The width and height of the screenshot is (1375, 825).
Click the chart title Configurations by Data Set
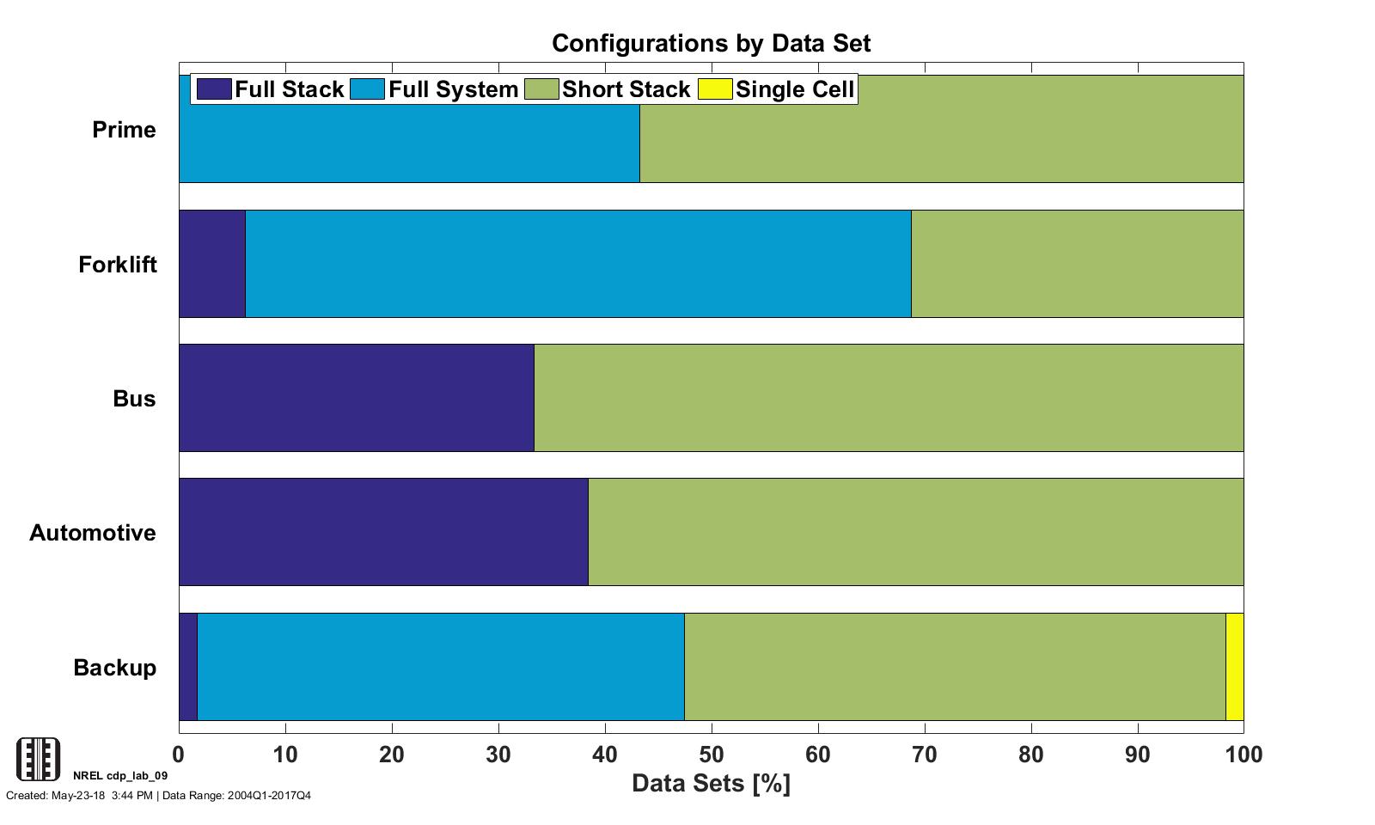pos(711,43)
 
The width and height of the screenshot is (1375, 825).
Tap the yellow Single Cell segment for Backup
pos(1234,667)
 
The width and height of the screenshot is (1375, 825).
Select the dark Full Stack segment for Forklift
pos(212,264)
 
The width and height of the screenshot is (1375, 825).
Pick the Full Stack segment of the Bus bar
pos(357,398)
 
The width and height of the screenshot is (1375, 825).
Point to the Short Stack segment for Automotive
pos(915,532)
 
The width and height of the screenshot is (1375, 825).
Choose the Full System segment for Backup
pos(441,667)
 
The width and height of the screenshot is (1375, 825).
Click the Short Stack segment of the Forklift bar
pos(1077,264)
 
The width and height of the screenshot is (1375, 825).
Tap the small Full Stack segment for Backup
pos(188,667)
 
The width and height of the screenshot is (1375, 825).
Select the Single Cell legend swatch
pos(715,89)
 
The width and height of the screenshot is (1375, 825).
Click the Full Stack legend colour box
pos(214,89)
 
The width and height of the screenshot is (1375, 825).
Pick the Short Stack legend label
pos(626,89)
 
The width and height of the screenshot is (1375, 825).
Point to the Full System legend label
pos(453,89)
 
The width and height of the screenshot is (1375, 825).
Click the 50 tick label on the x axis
pos(712,755)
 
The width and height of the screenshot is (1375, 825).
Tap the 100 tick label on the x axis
pos(1243,755)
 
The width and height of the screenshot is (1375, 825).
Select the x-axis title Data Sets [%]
pos(711,783)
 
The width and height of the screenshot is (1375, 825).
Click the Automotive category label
pos(93,533)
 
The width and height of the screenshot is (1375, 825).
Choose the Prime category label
pos(124,130)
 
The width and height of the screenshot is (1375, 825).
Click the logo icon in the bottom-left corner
pos(39,759)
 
